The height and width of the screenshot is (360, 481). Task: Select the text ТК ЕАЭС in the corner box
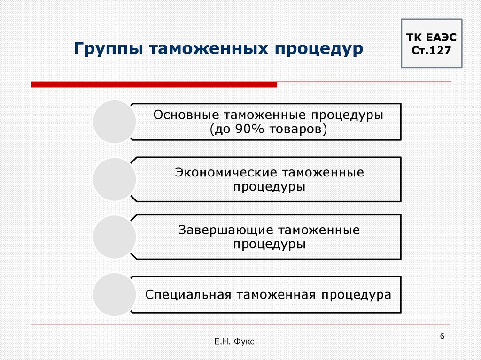431,38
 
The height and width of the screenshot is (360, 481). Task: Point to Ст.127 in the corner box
431,50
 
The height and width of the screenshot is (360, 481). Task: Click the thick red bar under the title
154,84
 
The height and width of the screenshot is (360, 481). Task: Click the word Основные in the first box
186,115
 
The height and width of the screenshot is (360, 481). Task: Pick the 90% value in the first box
249,129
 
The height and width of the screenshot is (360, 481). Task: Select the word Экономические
225,172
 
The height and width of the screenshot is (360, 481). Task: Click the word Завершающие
226,230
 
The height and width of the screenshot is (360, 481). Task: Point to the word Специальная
188,295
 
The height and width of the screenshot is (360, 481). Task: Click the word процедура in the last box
356,295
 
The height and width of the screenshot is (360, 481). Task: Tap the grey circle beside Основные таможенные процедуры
115,122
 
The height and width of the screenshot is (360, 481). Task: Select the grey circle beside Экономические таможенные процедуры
115,179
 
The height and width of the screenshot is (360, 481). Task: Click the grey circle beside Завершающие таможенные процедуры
115,237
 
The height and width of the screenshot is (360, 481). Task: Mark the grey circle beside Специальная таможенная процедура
115,294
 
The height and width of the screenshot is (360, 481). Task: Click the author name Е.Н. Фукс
234,341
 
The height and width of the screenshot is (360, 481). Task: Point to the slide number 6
442,337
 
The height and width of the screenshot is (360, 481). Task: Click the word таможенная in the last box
276,295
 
